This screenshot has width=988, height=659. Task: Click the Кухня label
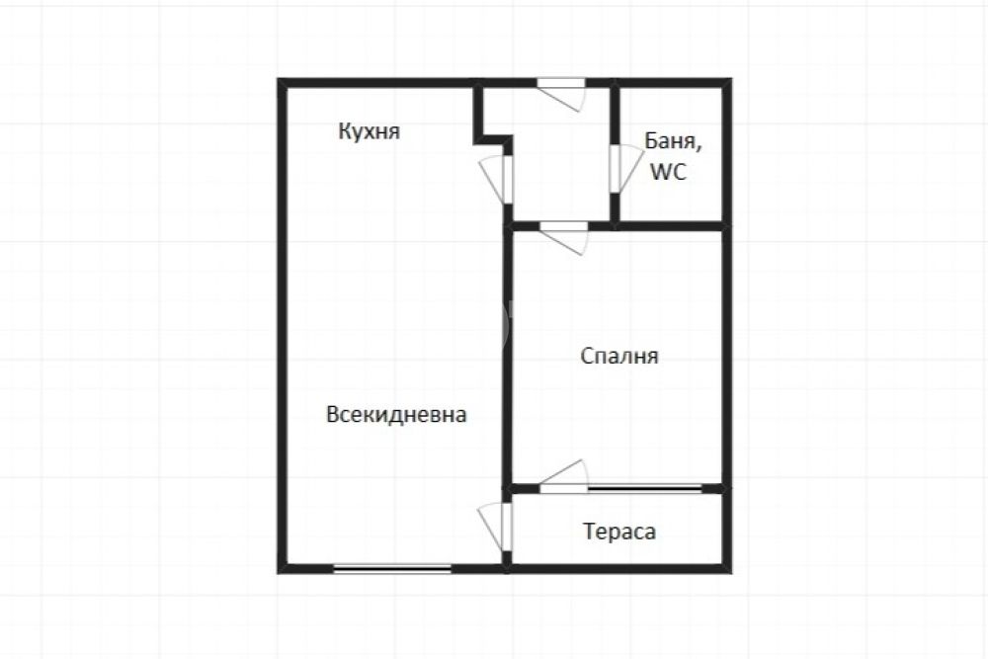coord(370,131)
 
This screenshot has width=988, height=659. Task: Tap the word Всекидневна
coord(396,415)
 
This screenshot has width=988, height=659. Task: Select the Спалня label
coord(619,357)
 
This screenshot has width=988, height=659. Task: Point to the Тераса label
coord(619,532)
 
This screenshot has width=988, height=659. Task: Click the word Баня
coord(673,141)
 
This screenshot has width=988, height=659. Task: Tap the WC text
coord(668,171)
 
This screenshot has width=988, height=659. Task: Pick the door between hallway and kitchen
coord(496,180)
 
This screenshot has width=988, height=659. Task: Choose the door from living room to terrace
coord(495,528)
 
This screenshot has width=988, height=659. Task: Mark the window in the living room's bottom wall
coord(392,569)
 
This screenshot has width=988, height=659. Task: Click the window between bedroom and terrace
coord(644,488)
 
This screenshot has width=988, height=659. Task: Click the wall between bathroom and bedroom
coord(670,225)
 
